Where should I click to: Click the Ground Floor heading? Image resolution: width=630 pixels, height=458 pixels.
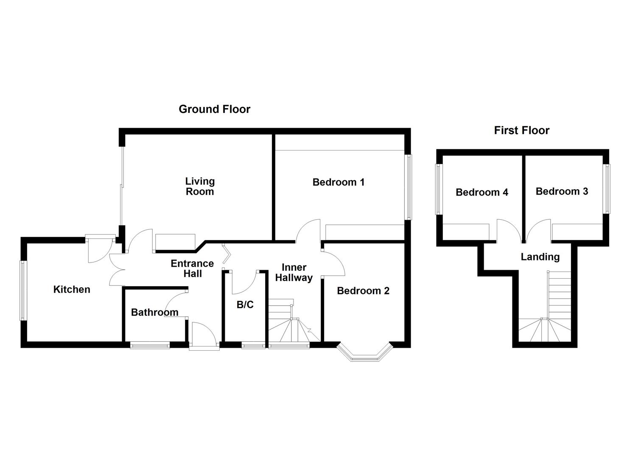point(214,109)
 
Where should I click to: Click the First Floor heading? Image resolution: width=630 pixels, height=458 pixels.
point(521,131)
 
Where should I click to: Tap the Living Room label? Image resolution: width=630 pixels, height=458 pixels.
point(200,187)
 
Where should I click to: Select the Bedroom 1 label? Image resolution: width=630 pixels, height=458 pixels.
point(338,182)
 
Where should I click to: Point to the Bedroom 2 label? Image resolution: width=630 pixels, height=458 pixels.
point(363,291)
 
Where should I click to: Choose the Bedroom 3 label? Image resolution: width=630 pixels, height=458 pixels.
point(562,192)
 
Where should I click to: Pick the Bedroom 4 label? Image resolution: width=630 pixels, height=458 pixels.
point(482,193)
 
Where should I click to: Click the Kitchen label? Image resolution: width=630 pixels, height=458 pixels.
point(72,290)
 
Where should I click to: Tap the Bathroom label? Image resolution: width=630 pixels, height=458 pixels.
point(154,313)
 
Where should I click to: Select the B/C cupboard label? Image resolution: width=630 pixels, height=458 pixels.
point(245,304)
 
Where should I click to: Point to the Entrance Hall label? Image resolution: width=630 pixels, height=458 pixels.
point(192,268)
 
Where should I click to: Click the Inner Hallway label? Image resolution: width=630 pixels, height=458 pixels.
point(294,273)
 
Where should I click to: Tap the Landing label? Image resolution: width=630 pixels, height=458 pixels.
point(540,257)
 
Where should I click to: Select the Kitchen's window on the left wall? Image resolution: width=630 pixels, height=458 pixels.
point(23,290)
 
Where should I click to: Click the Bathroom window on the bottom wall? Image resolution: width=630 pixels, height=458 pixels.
point(150,346)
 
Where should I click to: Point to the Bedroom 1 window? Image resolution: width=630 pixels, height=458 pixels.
point(409,187)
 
